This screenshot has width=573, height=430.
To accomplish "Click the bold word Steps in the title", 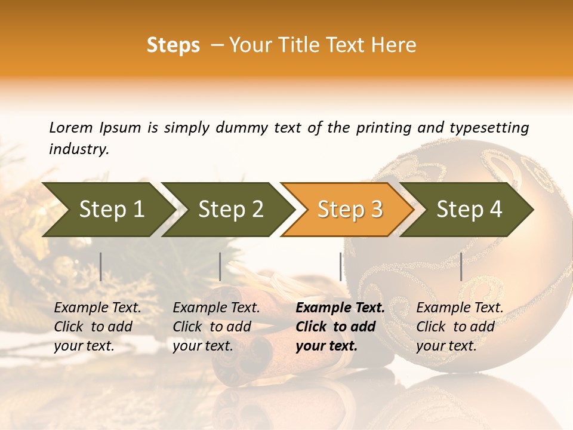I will (173, 45).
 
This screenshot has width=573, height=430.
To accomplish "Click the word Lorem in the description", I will (70, 127).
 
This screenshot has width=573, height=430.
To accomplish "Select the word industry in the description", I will (78, 149).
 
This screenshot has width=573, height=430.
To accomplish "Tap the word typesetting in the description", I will (489, 127).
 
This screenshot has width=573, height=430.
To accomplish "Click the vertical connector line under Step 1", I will (101, 266).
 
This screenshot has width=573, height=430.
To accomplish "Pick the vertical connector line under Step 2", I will (220, 266).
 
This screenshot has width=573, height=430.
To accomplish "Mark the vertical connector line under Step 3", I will (341, 266).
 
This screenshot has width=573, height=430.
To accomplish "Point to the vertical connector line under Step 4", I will (461, 266).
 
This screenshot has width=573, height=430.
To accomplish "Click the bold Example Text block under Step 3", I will (339, 327).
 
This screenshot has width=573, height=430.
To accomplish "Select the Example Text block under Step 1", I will (97, 327).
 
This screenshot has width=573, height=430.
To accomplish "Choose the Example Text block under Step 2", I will (215, 327).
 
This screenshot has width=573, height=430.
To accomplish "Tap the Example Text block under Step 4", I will (459, 327).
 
